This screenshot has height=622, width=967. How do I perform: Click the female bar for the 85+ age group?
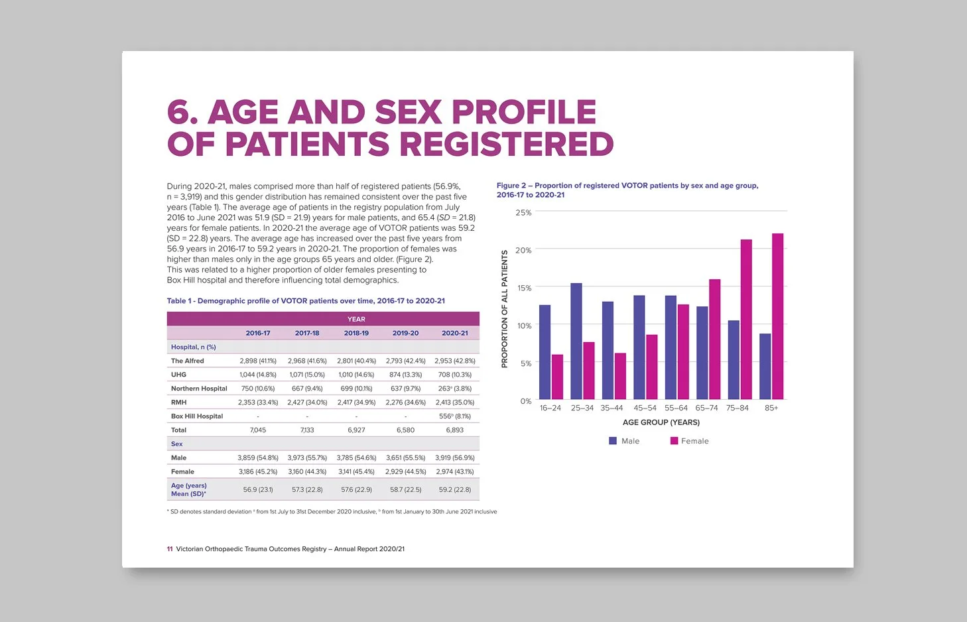(777, 316)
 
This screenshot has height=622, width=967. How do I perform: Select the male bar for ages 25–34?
(576, 341)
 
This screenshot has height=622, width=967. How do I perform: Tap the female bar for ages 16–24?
(557, 377)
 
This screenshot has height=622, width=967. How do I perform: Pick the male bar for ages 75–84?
(734, 360)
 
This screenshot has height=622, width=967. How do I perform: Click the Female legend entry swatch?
(674, 441)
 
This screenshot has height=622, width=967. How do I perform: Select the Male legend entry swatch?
(613, 441)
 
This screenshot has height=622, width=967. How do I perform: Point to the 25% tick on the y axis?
(523, 212)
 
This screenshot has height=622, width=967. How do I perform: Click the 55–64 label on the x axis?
(676, 408)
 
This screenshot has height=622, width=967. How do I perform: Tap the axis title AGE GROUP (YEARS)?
(661, 422)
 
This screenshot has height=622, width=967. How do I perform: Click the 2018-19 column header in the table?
(356, 334)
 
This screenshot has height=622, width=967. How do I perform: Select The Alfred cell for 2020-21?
(454, 361)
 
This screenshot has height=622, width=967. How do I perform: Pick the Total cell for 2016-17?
(258, 430)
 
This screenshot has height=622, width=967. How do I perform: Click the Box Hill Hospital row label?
(197, 416)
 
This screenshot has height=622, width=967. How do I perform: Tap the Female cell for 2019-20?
(405, 471)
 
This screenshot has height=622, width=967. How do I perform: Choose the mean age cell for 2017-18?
(307, 489)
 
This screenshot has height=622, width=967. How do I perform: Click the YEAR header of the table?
(356, 319)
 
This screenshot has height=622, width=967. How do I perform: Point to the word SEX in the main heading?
(408, 112)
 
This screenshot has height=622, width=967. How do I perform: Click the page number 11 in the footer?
(170, 549)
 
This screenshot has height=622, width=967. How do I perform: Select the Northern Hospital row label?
(199, 389)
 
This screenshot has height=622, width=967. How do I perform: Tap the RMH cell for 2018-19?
(356, 403)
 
